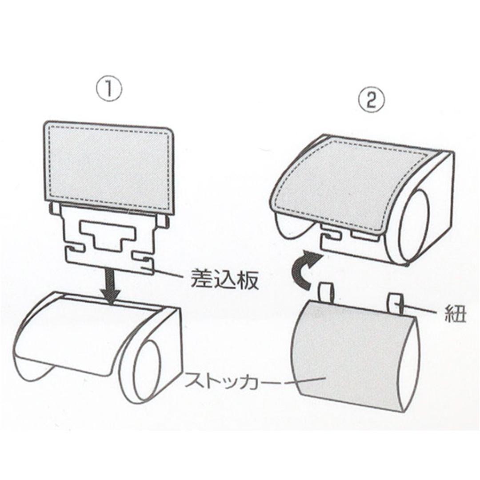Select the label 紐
click(456, 315)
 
